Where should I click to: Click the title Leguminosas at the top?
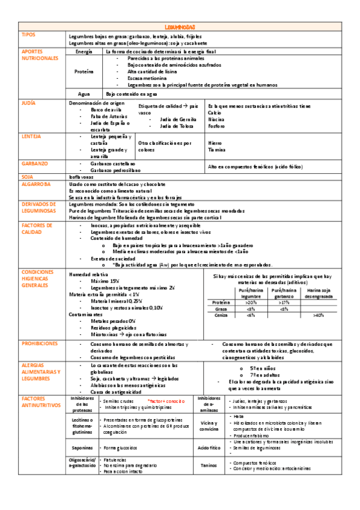180,28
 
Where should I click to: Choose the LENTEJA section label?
31,137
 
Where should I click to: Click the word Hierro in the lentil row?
215,144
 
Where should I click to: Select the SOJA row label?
27,177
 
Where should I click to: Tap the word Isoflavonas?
82,177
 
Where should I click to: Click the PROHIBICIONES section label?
40,343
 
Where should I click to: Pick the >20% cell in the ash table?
251,303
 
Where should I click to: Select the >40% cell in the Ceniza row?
319,315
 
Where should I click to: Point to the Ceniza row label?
221,315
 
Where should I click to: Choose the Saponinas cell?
82,448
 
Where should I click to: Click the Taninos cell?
209,464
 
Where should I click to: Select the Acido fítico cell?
209,448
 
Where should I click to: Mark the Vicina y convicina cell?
209,426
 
